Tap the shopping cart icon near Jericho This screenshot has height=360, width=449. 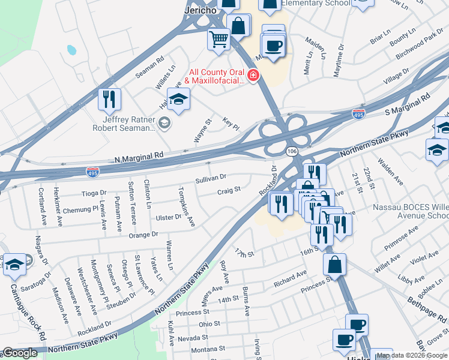pyautogui.click(x=218, y=40)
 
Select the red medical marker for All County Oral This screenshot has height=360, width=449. pyautogui.click(x=253, y=76)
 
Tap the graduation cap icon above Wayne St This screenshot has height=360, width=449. pyautogui.click(x=178, y=99)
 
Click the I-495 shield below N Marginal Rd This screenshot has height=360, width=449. pyautogui.click(x=92, y=171)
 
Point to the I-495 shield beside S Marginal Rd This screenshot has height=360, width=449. pyautogui.click(x=358, y=113)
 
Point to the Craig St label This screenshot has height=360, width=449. pyautogui.click(x=229, y=191)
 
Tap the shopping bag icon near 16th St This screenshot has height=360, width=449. pyautogui.click(x=334, y=263)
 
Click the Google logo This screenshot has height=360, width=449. pyautogui.click(x=20, y=353)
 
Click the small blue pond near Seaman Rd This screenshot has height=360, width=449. pyautogui.click(x=71, y=50)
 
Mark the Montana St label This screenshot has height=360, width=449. pyautogui.click(x=208, y=348)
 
